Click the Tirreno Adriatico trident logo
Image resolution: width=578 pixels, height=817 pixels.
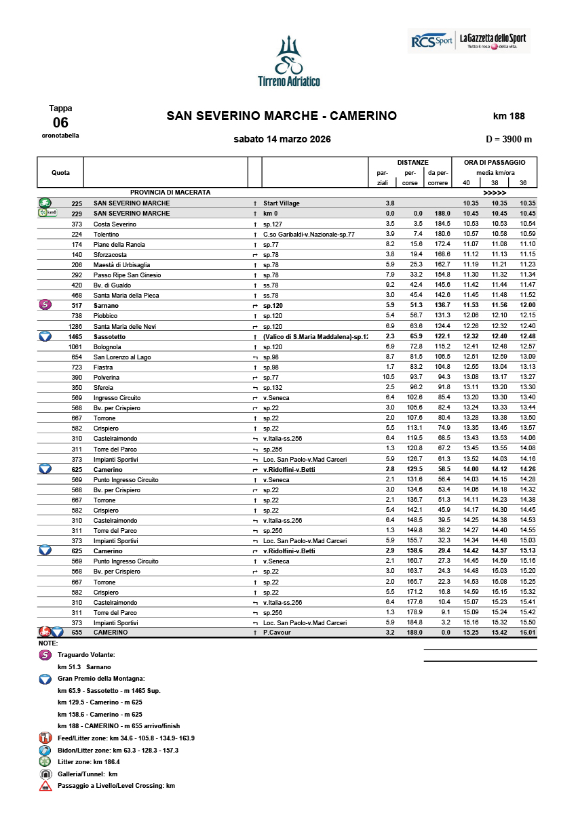(x=289, y=61)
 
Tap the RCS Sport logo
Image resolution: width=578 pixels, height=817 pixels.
(x=431, y=41)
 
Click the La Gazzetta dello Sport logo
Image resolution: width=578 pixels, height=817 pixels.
(x=493, y=41)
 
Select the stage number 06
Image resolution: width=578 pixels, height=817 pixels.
(x=60, y=122)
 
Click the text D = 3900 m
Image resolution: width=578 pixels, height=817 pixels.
(x=509, y=139)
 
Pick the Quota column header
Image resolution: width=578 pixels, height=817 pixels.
(x=60, y=173)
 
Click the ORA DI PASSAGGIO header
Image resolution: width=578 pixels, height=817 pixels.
(x=495, y=163)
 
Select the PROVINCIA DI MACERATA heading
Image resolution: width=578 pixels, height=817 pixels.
(x=170, y=193)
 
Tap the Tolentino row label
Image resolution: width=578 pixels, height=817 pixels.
(x=106, y=234)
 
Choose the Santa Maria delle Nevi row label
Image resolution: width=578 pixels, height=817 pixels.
(x=121, y=326)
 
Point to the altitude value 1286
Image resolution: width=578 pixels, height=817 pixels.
(x=75, y=326)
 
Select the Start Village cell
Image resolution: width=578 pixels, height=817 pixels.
(x=281, y=203)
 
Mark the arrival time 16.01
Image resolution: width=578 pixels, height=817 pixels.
(x=527, y=632)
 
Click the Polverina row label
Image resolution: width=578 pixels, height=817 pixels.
(x=107, y=377)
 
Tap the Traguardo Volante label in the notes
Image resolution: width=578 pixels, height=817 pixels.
(x=86, y=655)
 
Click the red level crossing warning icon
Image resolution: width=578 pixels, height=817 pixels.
(x=45, y=786)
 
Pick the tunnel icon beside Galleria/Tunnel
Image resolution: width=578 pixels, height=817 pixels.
(x=45, y=774)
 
